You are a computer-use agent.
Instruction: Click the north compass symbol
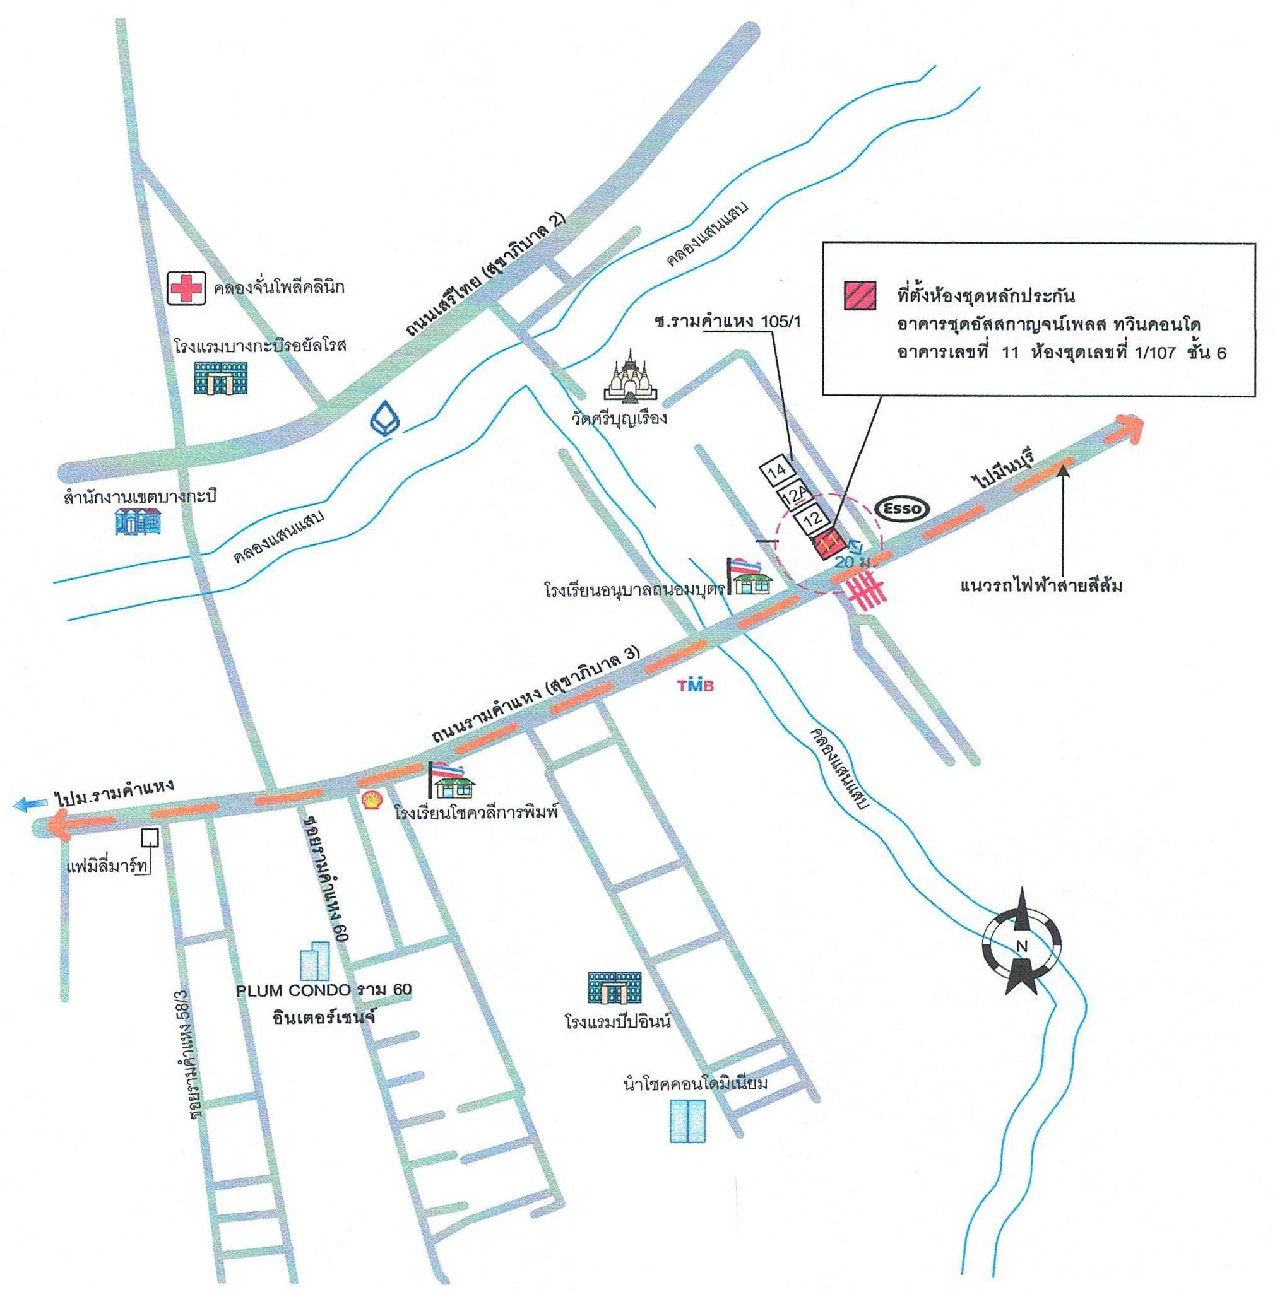(1021, 946)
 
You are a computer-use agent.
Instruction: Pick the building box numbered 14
(775, 471)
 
